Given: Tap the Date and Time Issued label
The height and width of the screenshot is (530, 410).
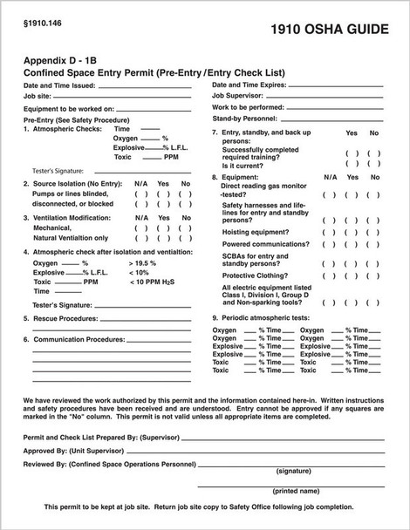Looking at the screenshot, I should [x=59, y=85].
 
